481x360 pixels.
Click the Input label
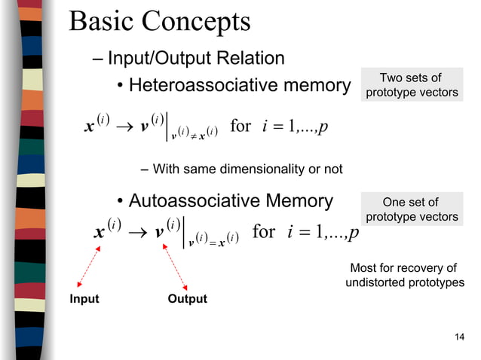tap(84, 299)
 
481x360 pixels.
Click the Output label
tap(187, 299)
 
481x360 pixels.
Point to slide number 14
tap(460, 336)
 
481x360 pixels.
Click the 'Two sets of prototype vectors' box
tap(411, 85)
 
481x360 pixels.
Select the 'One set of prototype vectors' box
tap(411, 209)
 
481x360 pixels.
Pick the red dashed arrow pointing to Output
tap(175, 267)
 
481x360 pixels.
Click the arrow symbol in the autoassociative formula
tap(137, 232)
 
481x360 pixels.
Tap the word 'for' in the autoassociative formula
tap(263, 230)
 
